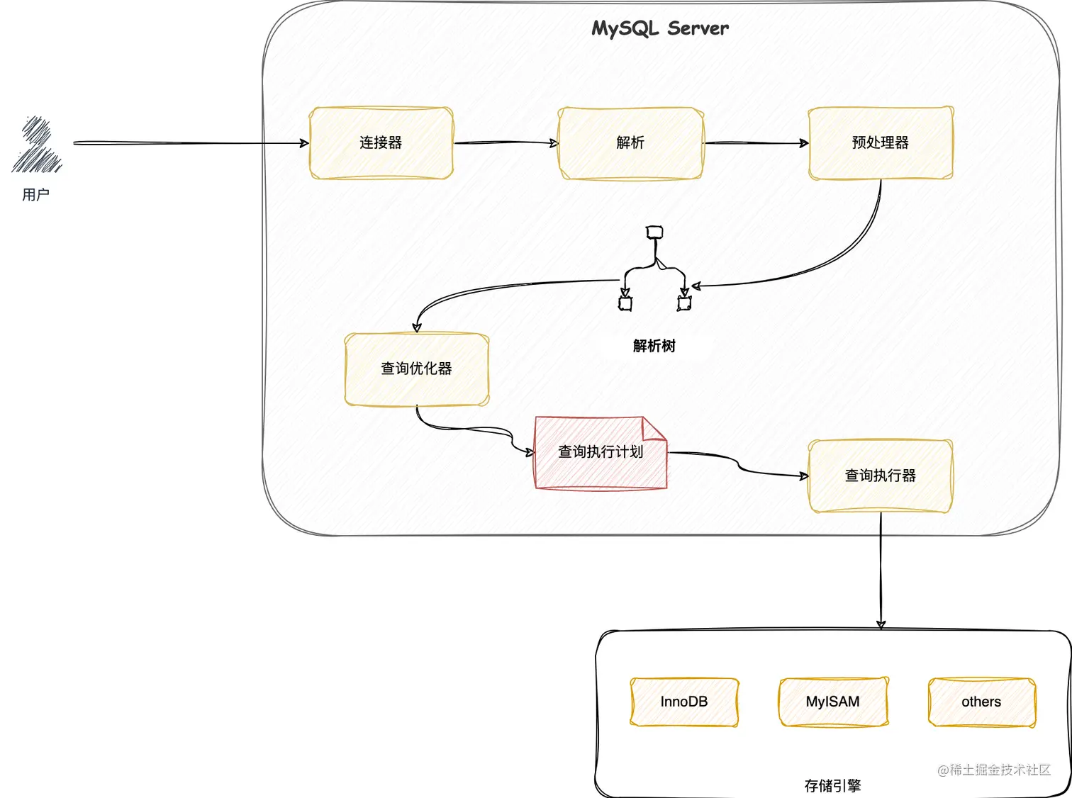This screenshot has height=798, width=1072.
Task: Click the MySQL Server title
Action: pyautogui.click(x=660, y=28)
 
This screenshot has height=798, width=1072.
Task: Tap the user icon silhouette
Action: pyautogui.click(x=37, y=145)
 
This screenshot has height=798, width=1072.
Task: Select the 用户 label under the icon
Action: pyautogui.click(x=35, y=194)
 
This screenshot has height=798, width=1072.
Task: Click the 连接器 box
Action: pyautogui.click(x=381, y=143)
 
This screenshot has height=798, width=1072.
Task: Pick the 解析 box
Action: pyautogui.click(x=631, y=143)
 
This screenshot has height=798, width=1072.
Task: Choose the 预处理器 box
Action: pyautogui.click(x=881, y=143)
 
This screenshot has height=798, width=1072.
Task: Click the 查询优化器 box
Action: pyautogui.click(x=417, y=369)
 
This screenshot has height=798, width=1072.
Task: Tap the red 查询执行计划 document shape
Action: pyautogui.click(x=601, y=453)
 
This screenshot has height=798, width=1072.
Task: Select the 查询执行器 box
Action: pyautogui.click(x=881, y=476)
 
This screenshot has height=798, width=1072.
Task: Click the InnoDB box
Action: pyautogui.click(x=684, y=702)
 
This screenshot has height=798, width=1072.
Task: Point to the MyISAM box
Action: pyautogui.click(x=833, y=702)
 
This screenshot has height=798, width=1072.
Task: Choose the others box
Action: pyautogui.click(x=982, y=702)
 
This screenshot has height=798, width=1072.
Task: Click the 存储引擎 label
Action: pyautogui.click(x=833, y=785)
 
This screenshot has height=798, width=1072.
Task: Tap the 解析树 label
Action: pyautogui.click(x=654, y=346)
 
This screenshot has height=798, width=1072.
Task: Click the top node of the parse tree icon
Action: pyautogui.click(x=654, y=232)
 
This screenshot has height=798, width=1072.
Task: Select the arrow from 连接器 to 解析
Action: pyautogui.click(x=506, y=143)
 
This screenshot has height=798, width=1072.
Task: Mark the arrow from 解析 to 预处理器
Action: pyautogui.click(x=756, y=143)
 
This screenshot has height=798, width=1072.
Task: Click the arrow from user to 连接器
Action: pyautogui.click(x=191, y=143)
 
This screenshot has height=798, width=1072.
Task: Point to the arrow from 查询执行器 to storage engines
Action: pyautogui.click(x=881, y=571)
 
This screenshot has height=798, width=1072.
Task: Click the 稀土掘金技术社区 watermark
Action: pyautogui.click(x=994, y=770)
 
